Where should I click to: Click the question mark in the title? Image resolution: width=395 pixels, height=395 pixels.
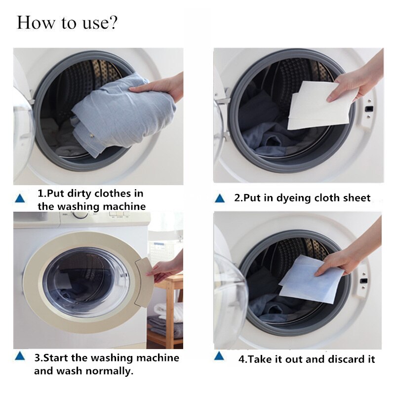(113, 22)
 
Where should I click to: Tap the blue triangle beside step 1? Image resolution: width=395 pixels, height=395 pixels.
(20, 198)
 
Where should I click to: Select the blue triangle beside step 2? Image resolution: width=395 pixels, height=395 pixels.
(220, 198)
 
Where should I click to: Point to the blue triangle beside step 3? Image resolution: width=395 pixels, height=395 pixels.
(20, 356)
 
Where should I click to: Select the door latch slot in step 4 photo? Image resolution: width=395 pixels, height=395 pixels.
(364, 280)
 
